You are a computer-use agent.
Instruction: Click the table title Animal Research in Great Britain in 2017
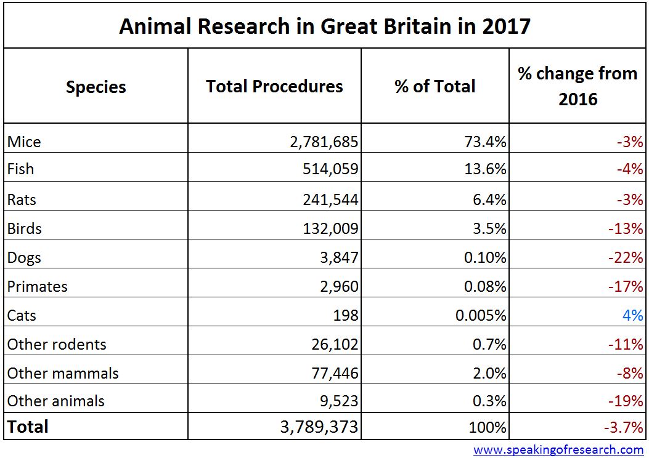coord(324,26)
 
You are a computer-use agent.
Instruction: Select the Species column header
coord(96,87)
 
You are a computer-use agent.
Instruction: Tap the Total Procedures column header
coord(274,86)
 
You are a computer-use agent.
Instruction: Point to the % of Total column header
coord(435,86)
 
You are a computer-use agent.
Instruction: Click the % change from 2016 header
coord(578,86)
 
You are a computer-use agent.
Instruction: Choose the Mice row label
coord(25,142)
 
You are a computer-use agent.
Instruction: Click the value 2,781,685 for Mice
coord(324,142)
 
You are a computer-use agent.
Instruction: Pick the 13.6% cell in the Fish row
coord(485,169)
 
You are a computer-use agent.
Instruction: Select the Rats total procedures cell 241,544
coord(328,199)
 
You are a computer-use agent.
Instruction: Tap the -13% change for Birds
coord(625,228)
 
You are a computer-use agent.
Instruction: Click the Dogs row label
coord(25,257)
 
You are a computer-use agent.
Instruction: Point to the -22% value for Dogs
coord(625,257)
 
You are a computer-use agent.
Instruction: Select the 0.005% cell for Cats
coord(481,315)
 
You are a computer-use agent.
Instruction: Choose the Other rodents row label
coord(57,344)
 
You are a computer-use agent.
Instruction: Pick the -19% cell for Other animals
coord(625,401)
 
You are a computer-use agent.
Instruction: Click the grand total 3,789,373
coord(316,427)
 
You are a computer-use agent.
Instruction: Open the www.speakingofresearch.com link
coord(558,449)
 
